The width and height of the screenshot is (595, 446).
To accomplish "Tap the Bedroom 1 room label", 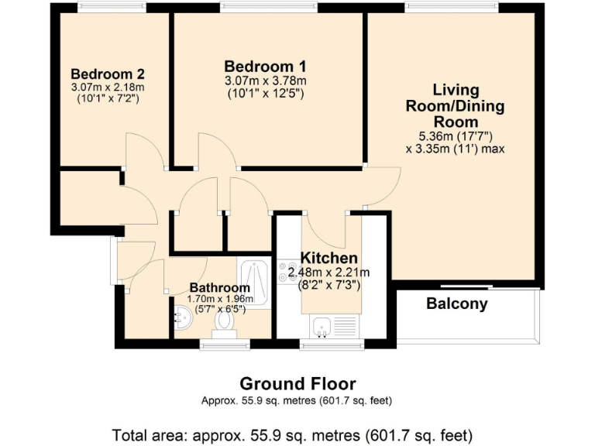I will pos(266,66).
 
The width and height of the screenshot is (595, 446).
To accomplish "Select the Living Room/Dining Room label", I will pos(456,105).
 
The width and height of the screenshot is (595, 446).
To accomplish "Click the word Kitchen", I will pos(329,258).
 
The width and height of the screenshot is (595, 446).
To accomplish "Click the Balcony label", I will pos(457,304).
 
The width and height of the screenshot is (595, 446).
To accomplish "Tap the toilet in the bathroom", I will pos(226,319).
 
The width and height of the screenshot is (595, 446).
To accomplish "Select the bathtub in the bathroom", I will pos(255,283).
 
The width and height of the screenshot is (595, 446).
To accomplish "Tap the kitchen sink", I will pos(324,325).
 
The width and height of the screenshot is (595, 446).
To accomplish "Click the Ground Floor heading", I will pos(297,384).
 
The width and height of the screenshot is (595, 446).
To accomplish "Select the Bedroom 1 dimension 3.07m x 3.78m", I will pos(266,81).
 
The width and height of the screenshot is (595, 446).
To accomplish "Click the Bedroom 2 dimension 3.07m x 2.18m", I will pos(108,87).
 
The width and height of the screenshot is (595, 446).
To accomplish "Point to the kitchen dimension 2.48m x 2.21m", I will pos(328,273).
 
